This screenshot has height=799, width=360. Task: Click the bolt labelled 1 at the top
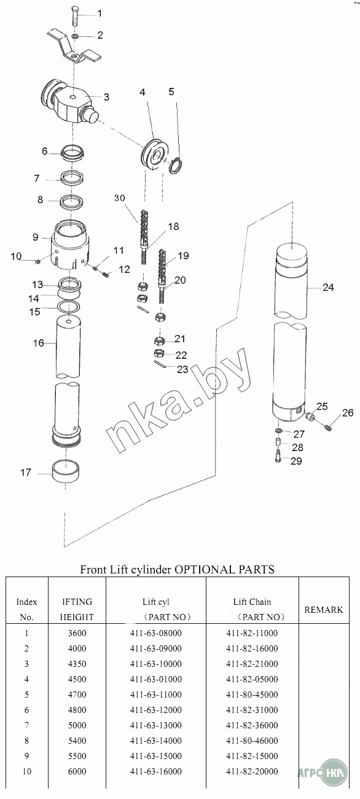click(x=75, y=15)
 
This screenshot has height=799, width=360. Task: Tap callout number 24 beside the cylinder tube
click(x=328, y=288)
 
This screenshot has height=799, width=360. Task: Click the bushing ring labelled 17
click(x=66, y=471)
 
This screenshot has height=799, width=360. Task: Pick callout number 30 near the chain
click(x=120, y=198)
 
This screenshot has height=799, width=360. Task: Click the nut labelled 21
click(x=159, y=340)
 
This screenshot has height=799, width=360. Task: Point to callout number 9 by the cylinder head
click(x=35, y=237)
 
